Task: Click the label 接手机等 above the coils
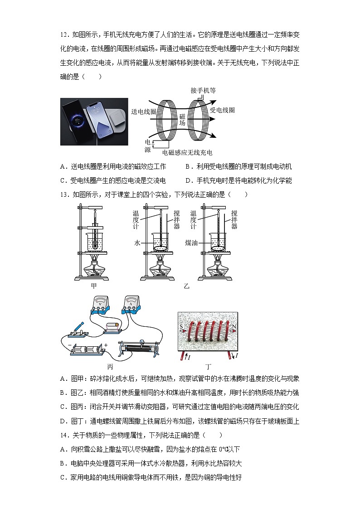[x=203, y=90]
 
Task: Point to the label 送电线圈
[x=143, y=111]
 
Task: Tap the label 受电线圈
[x=222, y=110]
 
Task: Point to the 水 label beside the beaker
[x=137, y=242]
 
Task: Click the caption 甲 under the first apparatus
[x=94, y=286]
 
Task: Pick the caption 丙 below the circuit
[x=110, y=366]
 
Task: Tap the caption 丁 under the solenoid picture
[x=208, y=366]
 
